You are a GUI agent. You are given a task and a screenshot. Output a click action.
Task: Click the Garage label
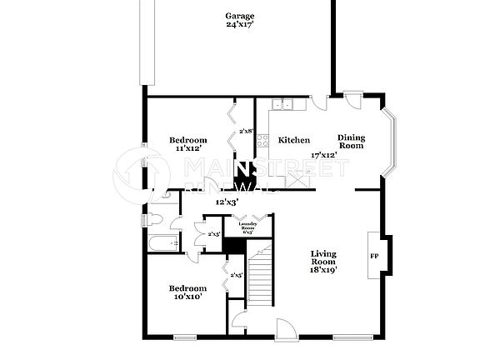click(x=240, y=16)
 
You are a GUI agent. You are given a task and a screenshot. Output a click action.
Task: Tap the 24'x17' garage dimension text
click(x=240, y=25)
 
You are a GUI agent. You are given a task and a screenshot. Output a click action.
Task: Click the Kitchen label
click(x=293, y=140)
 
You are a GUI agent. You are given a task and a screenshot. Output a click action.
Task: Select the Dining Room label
click(x=351, y=141)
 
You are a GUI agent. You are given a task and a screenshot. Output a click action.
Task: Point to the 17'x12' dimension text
click(x=322, y=155)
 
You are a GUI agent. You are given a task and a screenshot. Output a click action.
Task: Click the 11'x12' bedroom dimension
click(x=188, y=148)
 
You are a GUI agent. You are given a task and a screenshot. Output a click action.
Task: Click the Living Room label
click(x=323, y=257)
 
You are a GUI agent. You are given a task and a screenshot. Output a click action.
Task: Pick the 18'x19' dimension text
click(x=323, y=270)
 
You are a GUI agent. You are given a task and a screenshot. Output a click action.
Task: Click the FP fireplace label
click(x=374, y=256)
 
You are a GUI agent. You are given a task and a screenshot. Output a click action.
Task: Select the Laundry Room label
click(x=247, y=226)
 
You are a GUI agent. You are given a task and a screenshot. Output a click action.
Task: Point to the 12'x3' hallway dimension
click(x=227, y=202)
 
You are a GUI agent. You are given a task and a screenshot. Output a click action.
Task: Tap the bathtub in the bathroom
click(x=164, y=243)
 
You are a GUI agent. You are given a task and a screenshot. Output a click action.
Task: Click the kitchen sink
click(x=286, y=105)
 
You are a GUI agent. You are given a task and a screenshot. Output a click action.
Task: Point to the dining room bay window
click(x=389, y=142)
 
